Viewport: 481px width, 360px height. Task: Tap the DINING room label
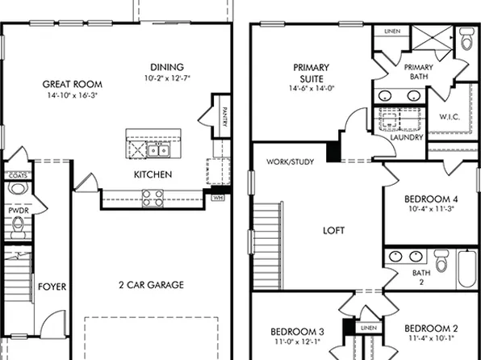point(167,67)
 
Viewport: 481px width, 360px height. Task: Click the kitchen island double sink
point(158,150)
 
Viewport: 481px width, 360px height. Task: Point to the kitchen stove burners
point(150,194)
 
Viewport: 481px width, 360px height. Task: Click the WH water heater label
point(217,197)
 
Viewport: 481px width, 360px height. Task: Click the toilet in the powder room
point(18,225)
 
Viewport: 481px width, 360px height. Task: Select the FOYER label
point(52,287)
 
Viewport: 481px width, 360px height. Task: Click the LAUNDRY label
point(407,138)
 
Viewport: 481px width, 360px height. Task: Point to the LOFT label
point(333,231)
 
